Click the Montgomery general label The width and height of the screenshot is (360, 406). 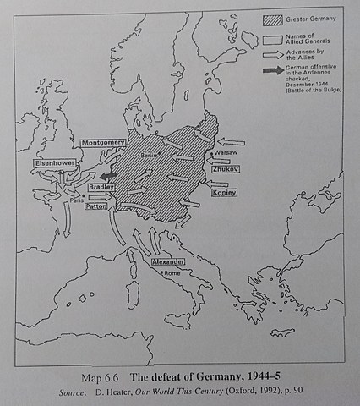pyautogui.click(x=105, y=144)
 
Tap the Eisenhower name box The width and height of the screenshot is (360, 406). pyautogui.click(x=57, y=162)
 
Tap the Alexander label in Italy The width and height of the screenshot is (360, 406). pyautogui.click(x=168, y=262)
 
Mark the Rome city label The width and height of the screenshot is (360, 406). pyautogui.click(x=172, y=272)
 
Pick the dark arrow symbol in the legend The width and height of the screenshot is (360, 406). pyautogui.click(x=271, y=70)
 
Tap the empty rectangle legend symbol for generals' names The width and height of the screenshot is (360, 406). pyautogui.click(x=271, y=36)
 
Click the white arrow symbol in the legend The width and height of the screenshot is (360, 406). pyautogui.click(x=271, y=52)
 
